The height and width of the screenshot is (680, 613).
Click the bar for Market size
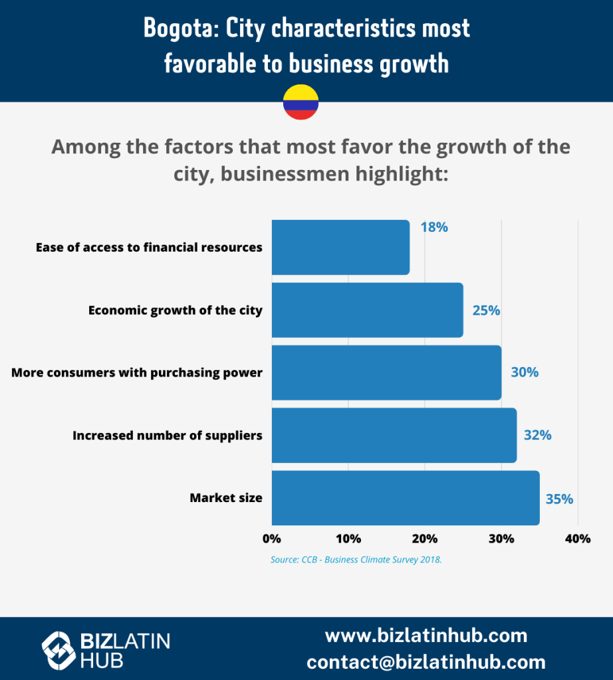(405, 498)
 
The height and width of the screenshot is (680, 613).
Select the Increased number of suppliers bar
(394, 436)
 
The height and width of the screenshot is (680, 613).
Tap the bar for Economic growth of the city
(367, 310)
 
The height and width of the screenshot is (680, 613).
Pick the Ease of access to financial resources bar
(340, 247)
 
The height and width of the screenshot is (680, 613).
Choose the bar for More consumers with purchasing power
(386, 373)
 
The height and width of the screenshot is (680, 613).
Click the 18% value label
(434, 227)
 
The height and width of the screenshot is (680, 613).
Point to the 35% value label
(559, 499)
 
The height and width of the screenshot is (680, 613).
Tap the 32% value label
(537, 436)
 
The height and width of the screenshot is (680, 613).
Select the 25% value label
(486, 310)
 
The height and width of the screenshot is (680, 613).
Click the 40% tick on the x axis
(577, 539)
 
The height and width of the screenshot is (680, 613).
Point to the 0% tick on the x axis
(272, 539)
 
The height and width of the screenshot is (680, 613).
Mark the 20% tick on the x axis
(425, 539)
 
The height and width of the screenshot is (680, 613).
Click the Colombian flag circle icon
(301, 102)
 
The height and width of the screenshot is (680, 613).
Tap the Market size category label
(226, 498)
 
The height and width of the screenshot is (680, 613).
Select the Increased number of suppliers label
(168, 436)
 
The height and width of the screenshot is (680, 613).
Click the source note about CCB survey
(356, 560)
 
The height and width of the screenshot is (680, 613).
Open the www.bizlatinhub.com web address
(426, 636)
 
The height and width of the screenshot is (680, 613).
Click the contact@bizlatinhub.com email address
(426, 662)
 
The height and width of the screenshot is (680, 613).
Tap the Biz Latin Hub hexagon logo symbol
(58, 649)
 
